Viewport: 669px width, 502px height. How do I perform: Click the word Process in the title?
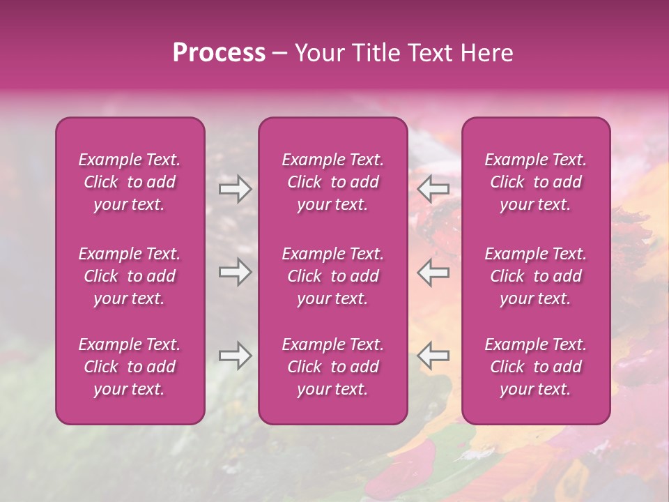coord(219,53)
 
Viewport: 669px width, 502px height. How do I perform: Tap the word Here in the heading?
coord(486,53)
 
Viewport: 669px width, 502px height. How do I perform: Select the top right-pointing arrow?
coord(235,189)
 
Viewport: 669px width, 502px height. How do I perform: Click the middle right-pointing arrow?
coord(235,272)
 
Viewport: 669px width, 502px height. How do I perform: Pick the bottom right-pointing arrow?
coord(235,356)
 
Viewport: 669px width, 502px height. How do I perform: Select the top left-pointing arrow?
coord(433,189)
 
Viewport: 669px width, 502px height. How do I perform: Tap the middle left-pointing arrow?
coord(433,272)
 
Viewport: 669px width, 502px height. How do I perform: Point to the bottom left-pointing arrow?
coord(433,356)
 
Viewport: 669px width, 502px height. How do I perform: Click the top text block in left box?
coord(130,182)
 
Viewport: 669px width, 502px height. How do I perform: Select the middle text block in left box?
coord(130,276)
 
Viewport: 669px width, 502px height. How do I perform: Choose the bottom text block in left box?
coord(130,367)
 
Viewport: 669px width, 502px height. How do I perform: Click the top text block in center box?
coord(332,182)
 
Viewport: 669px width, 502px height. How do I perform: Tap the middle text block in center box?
coord(332,276)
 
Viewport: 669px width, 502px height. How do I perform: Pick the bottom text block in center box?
coord(332,367)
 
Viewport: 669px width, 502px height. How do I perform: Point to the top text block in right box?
coord(535,182)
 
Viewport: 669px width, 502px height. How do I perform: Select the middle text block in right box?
coord(535,276)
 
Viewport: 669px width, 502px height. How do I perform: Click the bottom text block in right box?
coord(535,367)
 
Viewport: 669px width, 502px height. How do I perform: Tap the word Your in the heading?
coord(318,53)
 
